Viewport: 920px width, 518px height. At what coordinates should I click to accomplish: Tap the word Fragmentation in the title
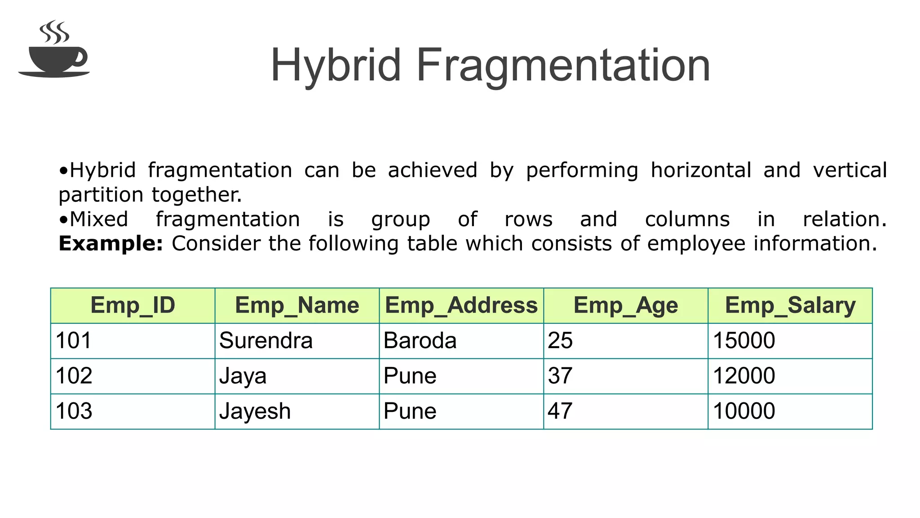563,66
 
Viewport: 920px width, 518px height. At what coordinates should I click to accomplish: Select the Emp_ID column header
133,305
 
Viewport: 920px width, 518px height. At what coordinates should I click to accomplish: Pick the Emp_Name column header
297,305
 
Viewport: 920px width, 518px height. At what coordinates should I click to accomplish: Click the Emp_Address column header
461,305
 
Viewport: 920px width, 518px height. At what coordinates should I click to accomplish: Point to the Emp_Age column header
626,305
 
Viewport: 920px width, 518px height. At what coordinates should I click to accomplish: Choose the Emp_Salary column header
790,305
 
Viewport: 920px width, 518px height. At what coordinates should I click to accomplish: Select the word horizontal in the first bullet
701,170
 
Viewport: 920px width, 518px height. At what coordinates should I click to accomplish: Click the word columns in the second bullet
687,219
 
